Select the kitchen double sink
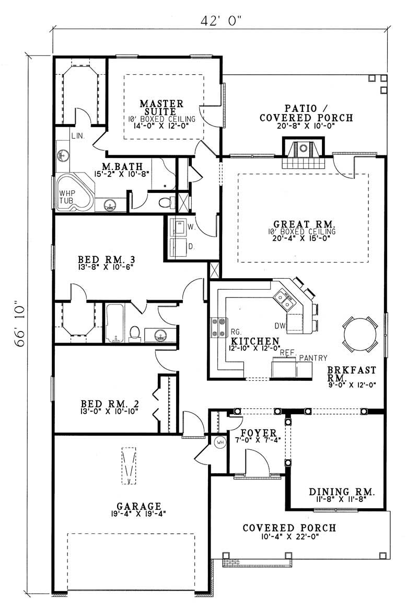click(285, 301)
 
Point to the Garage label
click(138, 506)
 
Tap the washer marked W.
click(178, 227)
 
